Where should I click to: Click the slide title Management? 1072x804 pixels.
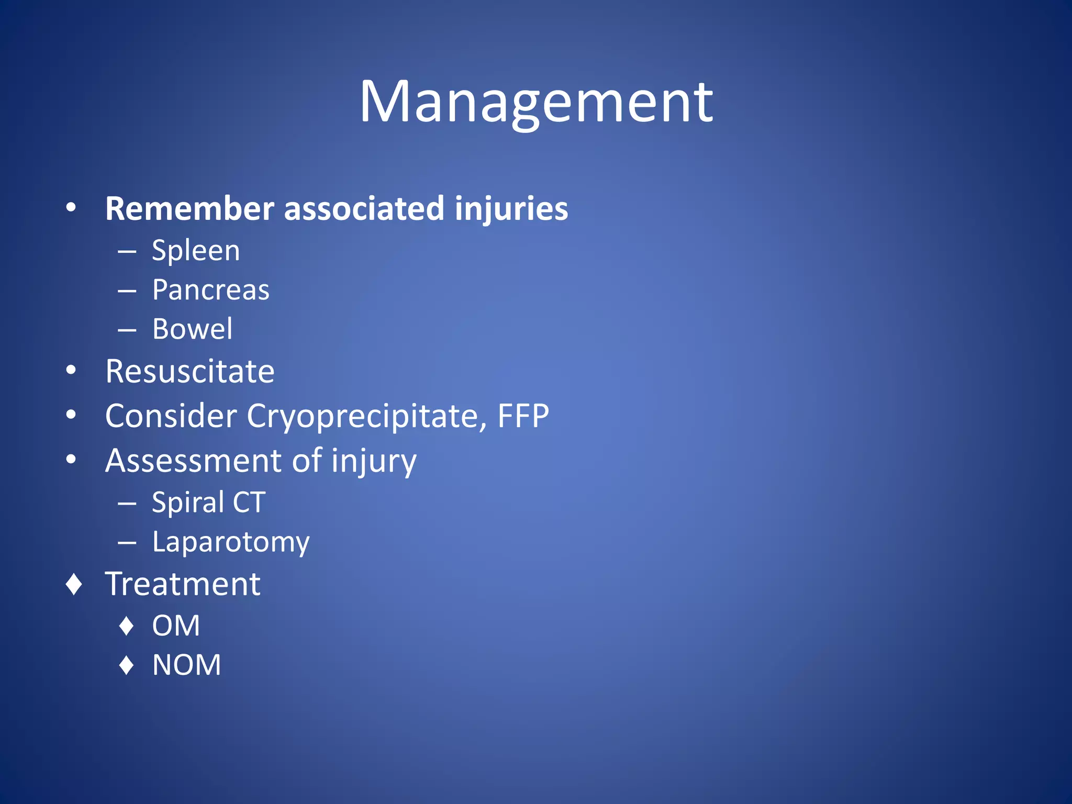coord(535,102)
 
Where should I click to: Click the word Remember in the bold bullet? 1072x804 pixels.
coord(189,209)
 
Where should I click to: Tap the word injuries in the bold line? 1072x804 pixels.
coord(511,209)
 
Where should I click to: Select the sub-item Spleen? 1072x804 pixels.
coord(196,251)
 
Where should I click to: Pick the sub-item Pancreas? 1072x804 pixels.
coord(210,290)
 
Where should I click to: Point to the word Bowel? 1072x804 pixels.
coord(192,329)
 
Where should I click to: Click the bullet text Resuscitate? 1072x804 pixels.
coord(189,372)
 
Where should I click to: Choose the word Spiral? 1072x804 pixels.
coord(188,502)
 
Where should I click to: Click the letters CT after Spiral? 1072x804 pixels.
coord(249,502)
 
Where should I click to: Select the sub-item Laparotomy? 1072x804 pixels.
coord(230,542)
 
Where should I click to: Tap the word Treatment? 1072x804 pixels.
coord(183,584)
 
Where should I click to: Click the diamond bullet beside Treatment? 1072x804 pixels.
coord(74,584)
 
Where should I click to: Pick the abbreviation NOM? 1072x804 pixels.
coord(186,665)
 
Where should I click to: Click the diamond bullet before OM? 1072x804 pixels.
coord(127,626)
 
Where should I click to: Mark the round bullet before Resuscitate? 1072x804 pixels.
coord(71,371)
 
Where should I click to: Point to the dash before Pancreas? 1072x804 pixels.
coord(127,291)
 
